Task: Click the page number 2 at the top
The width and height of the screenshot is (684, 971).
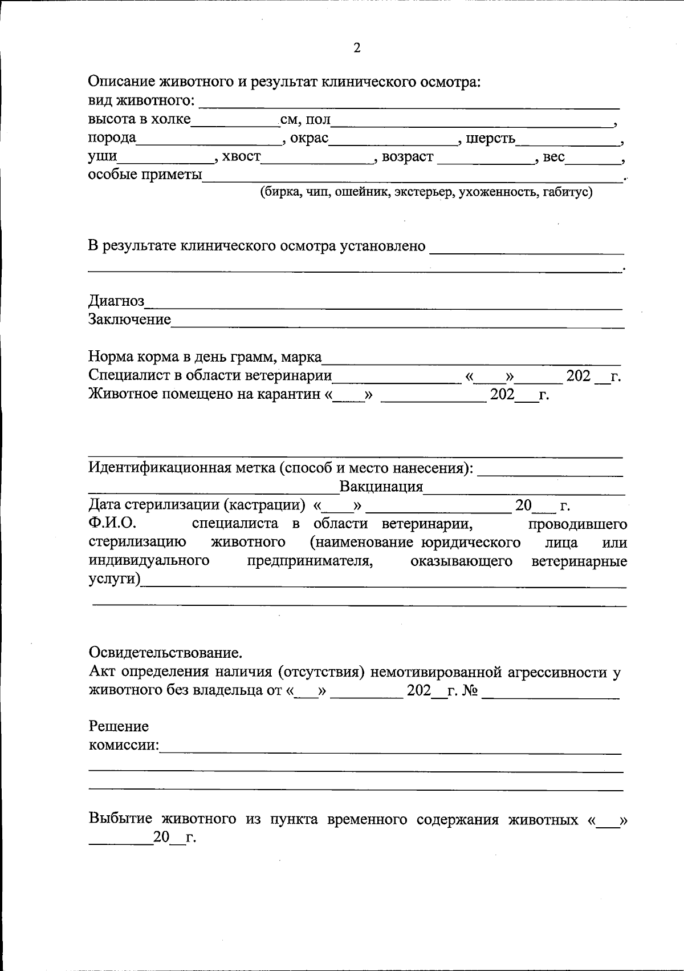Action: point(357,48)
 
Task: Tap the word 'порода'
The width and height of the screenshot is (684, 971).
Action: point(112,138)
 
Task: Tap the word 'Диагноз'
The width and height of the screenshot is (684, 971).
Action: point(116,301)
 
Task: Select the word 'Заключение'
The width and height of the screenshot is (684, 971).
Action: point(129,319)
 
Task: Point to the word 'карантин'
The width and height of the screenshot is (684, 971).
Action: point(289,394)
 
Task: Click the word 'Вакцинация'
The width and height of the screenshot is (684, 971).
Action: point(381,487)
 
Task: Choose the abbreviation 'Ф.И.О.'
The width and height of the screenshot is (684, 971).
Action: point(112,523)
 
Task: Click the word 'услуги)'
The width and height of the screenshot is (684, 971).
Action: point(115,578)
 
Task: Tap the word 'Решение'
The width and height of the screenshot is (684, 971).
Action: point(119,726)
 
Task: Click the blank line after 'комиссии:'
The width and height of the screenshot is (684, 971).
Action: point(390,749)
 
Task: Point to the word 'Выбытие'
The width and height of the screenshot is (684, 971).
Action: point(120,819)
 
